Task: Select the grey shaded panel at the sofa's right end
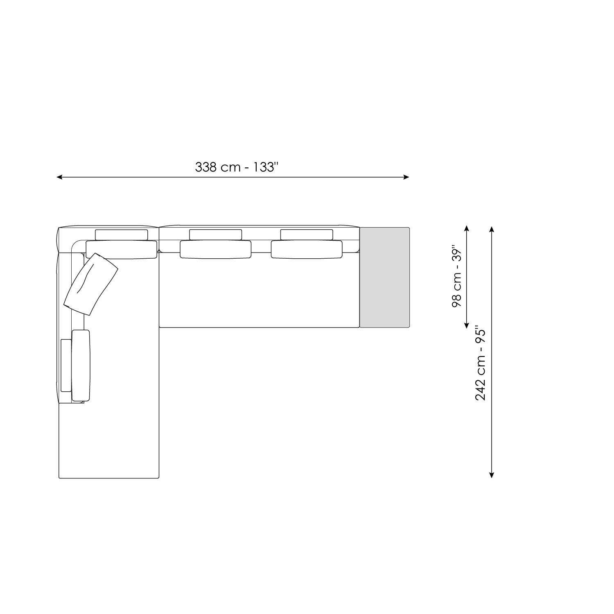(384, 278)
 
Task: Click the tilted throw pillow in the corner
(91, 284)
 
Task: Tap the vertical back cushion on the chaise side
(81, 365)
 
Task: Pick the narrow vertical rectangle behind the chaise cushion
(65, 365)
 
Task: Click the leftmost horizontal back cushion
(121, 249)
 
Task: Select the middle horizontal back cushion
(216, 249)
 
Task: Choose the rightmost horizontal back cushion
(307, 249)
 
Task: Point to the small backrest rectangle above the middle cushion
(215, 235)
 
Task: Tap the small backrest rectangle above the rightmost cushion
(307, 235)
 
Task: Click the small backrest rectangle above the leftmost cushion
(122, 235)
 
